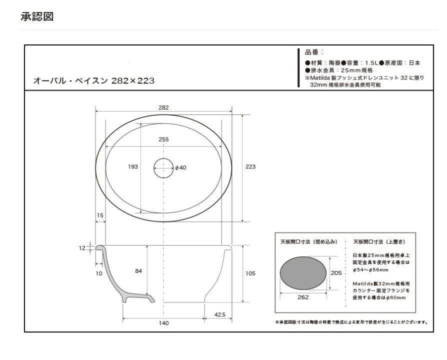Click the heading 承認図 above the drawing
pos(37,16)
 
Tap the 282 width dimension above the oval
pos(163,107)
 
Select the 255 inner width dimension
pos(163,140)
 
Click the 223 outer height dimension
pos(250,167)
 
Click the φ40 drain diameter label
pos(180,168)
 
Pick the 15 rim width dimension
pos(100,215)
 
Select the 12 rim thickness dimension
pos(82,247)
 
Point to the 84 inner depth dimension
pos(139,271)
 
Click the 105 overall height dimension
pos(250,273)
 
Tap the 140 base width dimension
pos(163,323)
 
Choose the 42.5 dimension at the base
pos(219,314)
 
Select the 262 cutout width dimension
pos(303,297)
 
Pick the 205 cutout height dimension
pos(337,273)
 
